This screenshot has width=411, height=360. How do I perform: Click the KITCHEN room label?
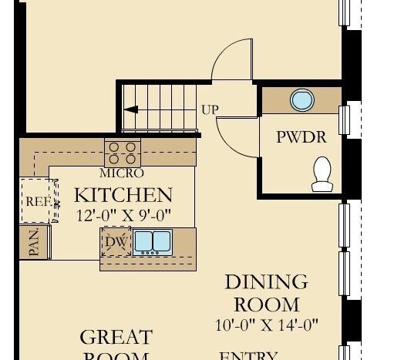123,194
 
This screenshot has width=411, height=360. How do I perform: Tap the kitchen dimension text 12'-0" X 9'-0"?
123,215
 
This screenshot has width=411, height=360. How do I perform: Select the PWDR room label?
302,138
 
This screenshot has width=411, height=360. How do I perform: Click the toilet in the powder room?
322,173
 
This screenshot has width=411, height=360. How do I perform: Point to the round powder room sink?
302,100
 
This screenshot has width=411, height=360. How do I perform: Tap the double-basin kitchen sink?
153,242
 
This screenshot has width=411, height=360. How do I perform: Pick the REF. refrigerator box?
38,200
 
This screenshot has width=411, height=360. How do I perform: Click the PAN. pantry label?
34,243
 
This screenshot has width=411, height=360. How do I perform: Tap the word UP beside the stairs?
210,110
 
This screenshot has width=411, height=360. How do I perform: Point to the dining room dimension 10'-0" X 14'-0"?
267,325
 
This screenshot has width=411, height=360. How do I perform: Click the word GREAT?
116,337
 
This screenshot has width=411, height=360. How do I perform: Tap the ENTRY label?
248,355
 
